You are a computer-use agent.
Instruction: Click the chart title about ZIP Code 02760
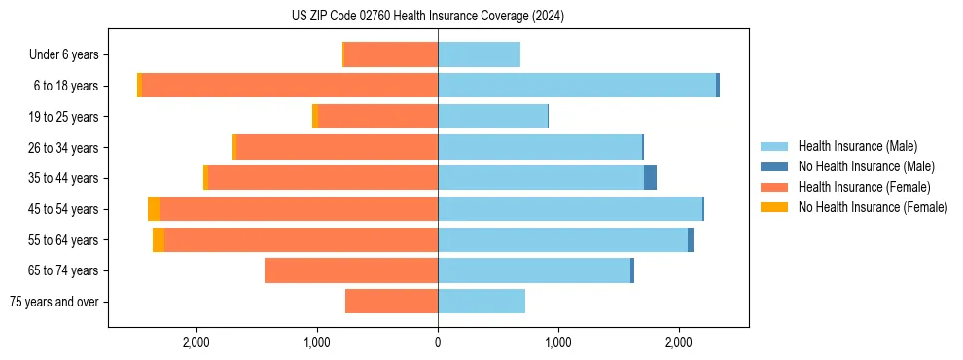click(x=427, y=16)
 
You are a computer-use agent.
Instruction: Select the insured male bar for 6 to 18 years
click(x=577, y=86)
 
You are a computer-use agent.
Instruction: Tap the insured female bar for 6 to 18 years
click(x=290, y=86)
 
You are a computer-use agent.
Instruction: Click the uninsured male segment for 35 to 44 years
click(x=650, y=178)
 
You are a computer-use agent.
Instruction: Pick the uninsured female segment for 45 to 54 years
click(x=154, y=209)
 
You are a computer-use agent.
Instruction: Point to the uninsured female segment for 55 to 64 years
click(x=159, y=240)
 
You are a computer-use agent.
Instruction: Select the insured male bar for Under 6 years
click(x=479, y=54)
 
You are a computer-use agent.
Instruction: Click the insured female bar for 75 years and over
click(x=391, y=302)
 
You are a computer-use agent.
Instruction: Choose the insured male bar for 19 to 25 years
click(x=492, y=117)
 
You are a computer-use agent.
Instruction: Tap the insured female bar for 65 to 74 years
click(x=351, y=270)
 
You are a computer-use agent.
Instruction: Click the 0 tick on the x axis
click(x=438, y=342)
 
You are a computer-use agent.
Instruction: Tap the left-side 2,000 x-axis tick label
click(x=196, y=342)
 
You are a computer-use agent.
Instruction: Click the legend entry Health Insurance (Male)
click(x=857, y=146)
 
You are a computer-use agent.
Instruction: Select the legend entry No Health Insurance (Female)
click(x=873, y=207)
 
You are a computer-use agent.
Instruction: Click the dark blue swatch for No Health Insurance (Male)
click(x=774, y=166)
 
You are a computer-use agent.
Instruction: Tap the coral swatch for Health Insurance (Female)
click(x=774, y=187)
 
